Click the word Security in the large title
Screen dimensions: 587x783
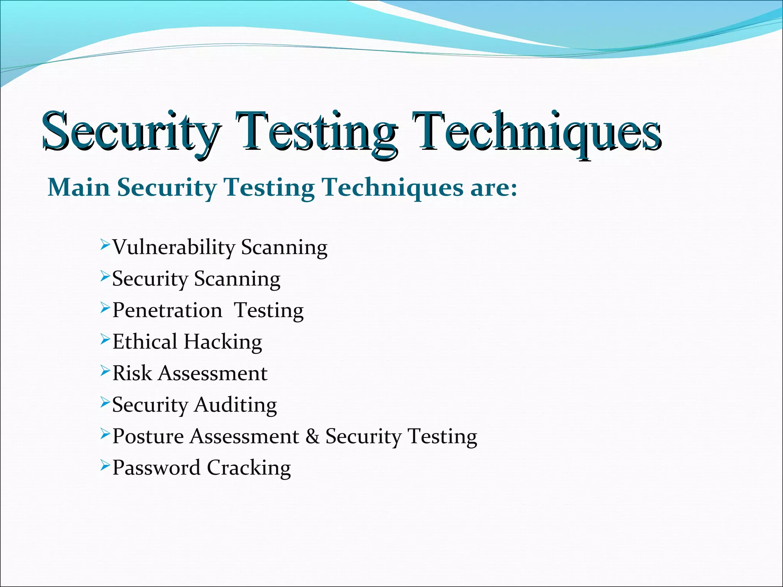click(130, 132)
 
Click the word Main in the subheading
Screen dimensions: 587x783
click(78, 188)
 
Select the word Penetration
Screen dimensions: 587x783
click(167, 310)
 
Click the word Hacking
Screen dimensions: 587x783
click(223, 342)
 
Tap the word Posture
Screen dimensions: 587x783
click(148, 436)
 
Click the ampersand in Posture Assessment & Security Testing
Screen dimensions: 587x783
click(312, 436)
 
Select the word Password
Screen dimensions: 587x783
click(156, 468)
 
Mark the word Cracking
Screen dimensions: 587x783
click(249, 468)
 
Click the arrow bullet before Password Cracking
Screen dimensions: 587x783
click(105, 465)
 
